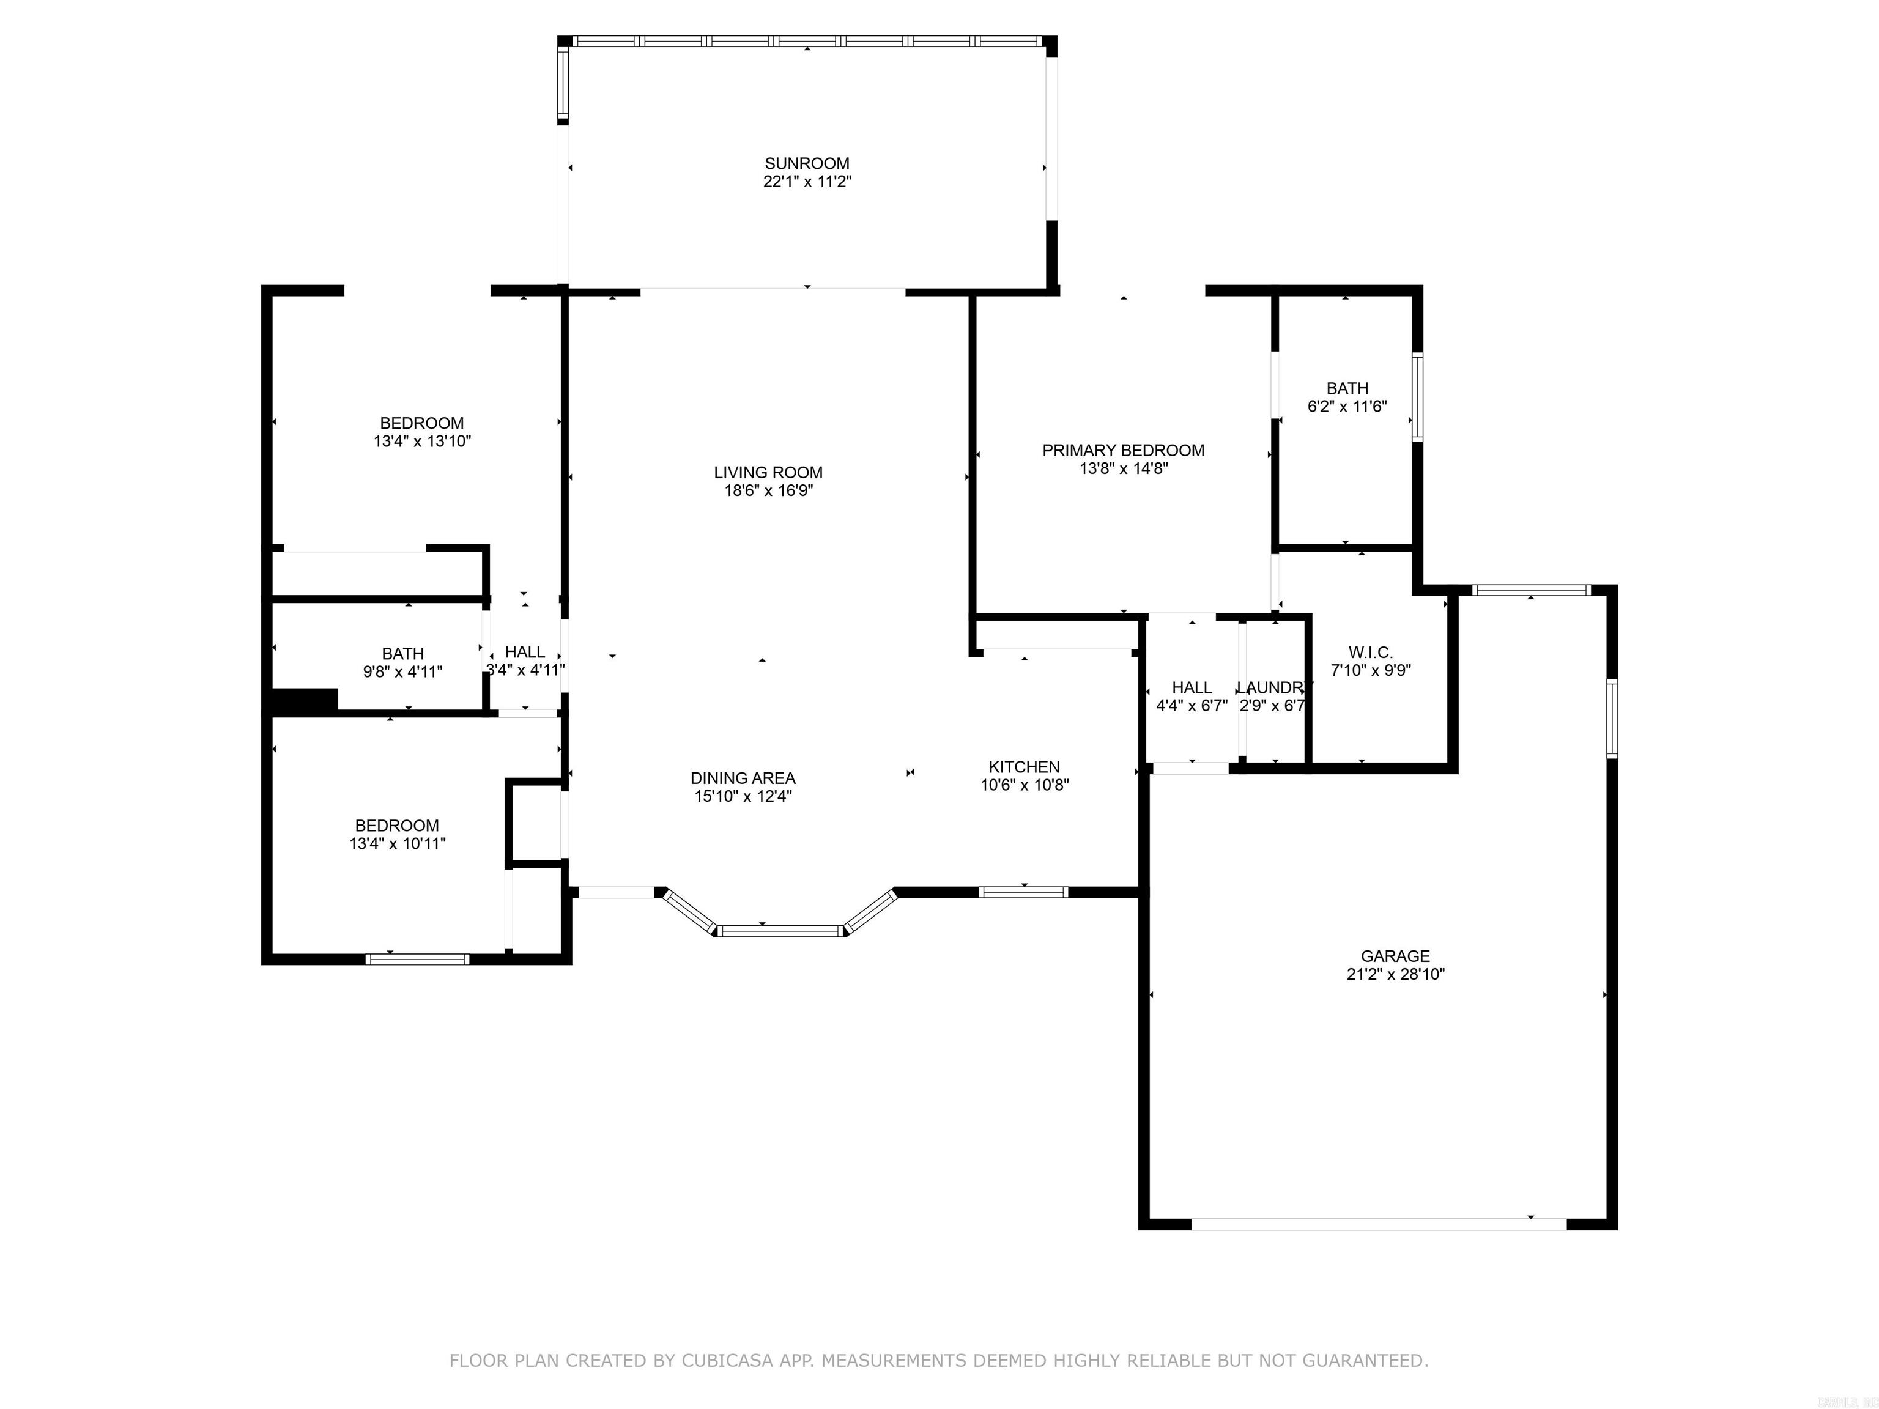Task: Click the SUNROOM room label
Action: (x=806, y=163)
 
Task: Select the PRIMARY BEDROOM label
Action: (x=1123, y=450)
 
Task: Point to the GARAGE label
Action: (x=1395, y=955)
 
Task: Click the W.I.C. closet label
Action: (x=1370, y=653)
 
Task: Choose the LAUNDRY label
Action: (x=1272, y=687)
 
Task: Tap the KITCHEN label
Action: (x=1023, y=766)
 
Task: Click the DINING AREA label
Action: (x=743, y=778)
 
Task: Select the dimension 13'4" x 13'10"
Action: (x=421, y=442)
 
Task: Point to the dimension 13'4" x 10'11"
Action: (x=397, y=844)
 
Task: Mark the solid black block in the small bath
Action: (x=304, y=700)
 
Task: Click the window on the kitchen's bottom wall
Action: (x=1023, y=892)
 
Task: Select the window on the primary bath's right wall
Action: (x=1417, y=398)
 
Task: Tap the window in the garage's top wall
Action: (x=1530, y=590)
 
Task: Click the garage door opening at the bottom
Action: (x=1378, y=1224)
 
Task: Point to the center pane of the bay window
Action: (x=780, y=931)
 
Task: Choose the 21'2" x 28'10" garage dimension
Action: (x=1395, y=975)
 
